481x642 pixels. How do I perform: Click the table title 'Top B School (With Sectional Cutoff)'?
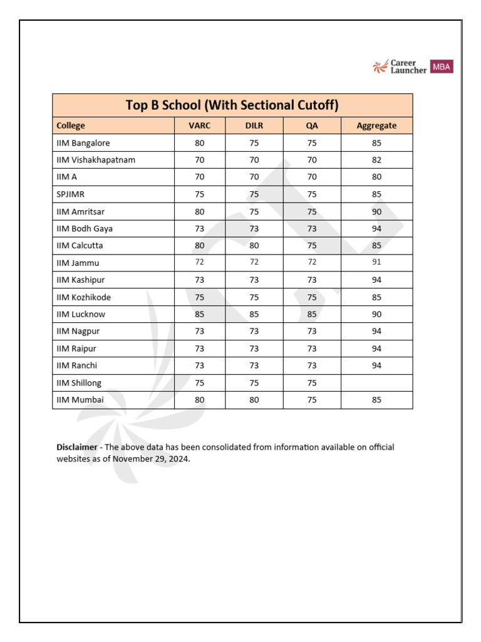coord(232,105)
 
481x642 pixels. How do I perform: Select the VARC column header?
coord(199,125)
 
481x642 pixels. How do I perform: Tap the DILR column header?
coord(254,125)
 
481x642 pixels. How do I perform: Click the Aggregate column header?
coord(376,125)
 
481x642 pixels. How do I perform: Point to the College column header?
coord(71,125)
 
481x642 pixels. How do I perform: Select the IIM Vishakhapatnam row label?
coord(96,160)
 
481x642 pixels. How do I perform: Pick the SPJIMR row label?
coord(70,194)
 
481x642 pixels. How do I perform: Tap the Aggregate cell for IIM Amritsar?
coord(376,212)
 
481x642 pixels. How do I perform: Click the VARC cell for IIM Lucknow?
coord(199,314)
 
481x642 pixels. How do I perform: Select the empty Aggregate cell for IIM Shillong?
coord(376,383)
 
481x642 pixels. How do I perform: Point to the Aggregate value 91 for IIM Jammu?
coord(376,263)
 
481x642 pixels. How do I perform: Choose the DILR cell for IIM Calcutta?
coord(254,246)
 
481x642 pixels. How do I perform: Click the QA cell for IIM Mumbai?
coord(312,400)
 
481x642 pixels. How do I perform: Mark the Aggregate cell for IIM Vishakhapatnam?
coord(376,160)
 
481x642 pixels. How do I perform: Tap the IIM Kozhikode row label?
coord(83,297)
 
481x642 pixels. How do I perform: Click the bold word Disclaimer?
coord(77,447)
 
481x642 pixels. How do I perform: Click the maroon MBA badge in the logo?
coord(442,66)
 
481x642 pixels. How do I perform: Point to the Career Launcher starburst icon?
coord(380,67)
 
